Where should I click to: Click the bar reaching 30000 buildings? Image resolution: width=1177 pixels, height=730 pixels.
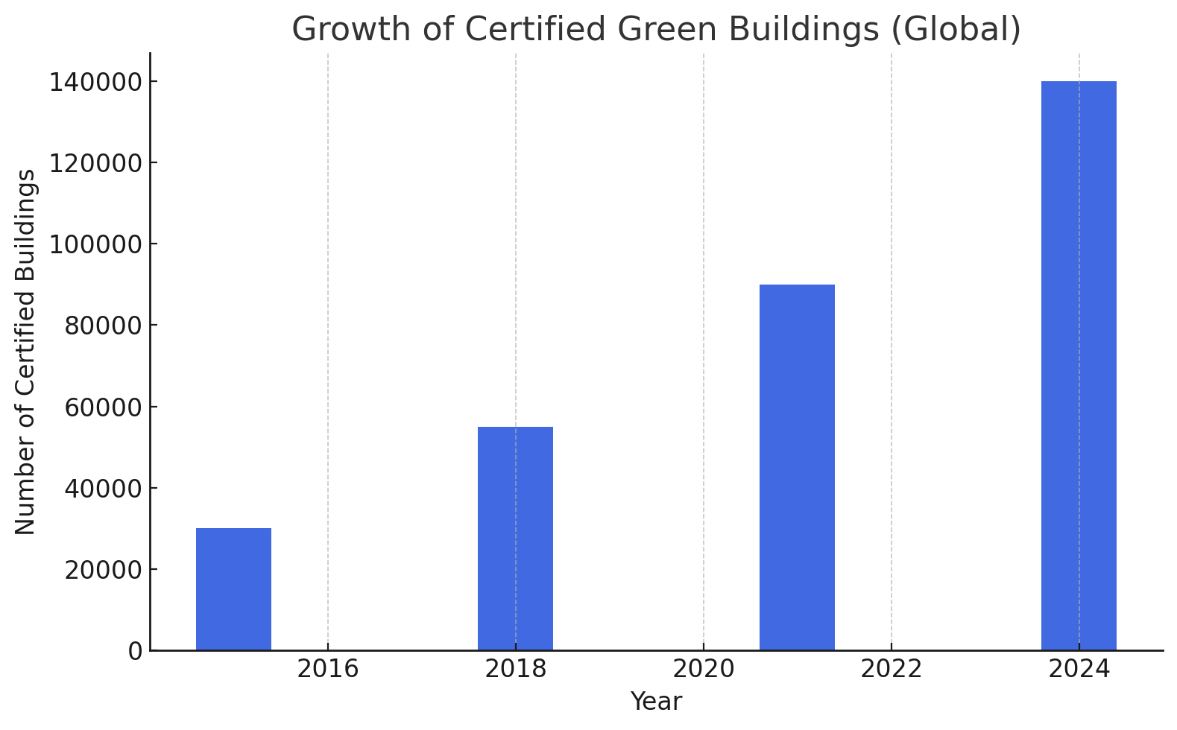233,589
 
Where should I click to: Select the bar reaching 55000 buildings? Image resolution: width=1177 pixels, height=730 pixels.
515,539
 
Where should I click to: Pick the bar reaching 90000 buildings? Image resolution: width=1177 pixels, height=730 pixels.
797,467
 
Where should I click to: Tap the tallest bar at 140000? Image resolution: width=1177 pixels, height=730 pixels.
1079,366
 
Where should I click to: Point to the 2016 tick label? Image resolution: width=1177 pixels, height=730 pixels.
327,669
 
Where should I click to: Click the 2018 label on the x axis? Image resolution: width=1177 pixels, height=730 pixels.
515,669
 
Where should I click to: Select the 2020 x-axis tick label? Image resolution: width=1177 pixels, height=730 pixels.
703,669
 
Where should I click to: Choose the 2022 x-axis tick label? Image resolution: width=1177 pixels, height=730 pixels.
891,669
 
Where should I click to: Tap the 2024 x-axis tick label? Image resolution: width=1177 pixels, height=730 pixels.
1079,669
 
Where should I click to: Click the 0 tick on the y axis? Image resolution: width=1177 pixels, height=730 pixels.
134,651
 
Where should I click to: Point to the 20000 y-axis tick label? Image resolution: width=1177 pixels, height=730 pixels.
103,570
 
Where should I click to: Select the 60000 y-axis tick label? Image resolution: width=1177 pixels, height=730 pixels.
103,407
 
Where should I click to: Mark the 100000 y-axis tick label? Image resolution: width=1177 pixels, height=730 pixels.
95,244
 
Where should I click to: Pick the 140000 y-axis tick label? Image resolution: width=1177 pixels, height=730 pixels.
95,82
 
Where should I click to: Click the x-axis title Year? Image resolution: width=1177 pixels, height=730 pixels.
656,702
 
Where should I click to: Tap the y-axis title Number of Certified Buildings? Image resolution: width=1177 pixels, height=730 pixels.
26,352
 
